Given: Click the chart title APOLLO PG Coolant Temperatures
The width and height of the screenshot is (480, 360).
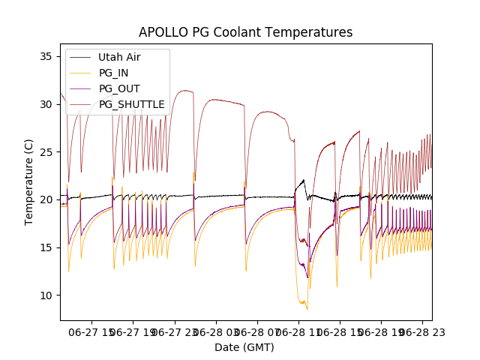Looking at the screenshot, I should [245, 32].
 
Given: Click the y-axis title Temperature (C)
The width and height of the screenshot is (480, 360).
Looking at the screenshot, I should [29, 182].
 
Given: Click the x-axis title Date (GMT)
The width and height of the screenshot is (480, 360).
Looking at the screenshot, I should [244, 347].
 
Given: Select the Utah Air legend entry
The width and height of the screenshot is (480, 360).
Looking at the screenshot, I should [118, 57].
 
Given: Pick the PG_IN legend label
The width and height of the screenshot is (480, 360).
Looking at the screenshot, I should [113, 73].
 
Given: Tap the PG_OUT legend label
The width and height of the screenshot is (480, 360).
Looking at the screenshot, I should [118, 88].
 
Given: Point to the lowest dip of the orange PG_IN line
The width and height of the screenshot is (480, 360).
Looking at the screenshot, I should [307, 308].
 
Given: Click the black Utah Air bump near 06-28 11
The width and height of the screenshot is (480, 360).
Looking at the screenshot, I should [303, 181].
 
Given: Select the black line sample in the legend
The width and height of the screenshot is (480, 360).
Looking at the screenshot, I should [80, 57].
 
